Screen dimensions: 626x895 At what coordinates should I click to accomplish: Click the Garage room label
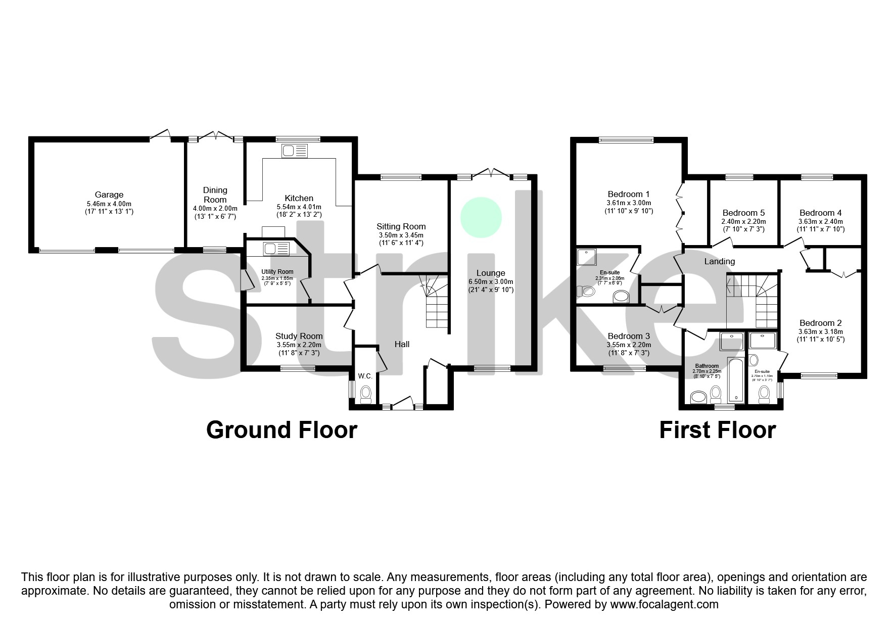[109, 195]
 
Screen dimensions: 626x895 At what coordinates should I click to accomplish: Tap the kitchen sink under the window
[295, 151]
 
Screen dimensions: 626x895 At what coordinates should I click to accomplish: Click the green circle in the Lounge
[481, 217]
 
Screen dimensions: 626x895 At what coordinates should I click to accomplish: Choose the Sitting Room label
[401, 226]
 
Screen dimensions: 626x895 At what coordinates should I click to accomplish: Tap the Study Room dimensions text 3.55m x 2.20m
[299, 345]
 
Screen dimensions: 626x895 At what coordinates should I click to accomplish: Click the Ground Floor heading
[281, 430]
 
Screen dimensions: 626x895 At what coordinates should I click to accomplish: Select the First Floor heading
[717, 430]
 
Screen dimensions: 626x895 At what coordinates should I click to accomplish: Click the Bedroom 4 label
[820, 213]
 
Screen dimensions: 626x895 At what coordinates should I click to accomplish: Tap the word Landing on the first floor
[720, 261]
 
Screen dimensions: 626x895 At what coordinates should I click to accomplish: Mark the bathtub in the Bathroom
[735, 379]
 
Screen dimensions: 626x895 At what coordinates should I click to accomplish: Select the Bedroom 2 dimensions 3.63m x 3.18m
[820, 332]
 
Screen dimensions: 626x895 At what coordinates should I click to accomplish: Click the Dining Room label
[215, 195]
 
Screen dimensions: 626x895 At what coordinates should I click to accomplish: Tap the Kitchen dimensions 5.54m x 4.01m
[299, 207]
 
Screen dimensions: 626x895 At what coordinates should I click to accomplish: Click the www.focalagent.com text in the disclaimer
[664, 604]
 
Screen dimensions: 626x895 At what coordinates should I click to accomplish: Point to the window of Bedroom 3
[625, 369]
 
